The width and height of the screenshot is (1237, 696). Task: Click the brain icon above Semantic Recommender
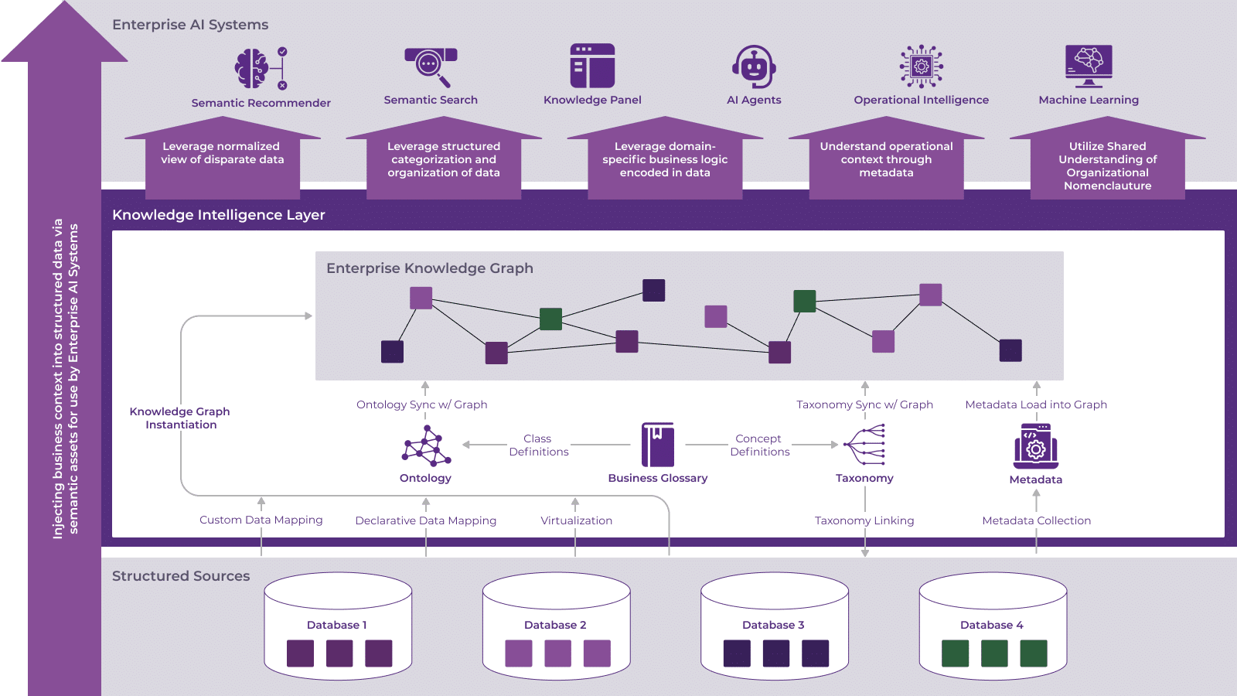click(x=252, y=68)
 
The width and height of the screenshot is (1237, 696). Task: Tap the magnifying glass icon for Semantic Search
click(x=430, y=65)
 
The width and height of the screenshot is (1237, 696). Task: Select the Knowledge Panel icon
click(x=592, y=66)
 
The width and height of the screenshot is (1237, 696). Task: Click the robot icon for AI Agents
click(x=754, y=67)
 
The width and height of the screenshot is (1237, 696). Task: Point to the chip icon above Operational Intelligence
click(x=921, y=66)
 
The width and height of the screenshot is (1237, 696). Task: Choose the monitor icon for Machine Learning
click(x=1089, y=65)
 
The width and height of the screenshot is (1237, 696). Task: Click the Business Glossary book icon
click(x=658, y=445)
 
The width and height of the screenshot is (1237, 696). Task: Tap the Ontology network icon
click(x=426, y=447)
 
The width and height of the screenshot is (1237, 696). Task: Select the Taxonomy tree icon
click(x=864, y=445)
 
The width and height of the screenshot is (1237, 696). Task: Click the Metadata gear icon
click(x=1035, y=446)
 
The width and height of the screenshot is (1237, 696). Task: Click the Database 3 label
click(x=773, y=625)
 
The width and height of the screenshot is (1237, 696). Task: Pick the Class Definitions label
click(x=538, y=445)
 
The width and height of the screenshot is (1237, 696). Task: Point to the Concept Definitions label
click(x=759, y=445)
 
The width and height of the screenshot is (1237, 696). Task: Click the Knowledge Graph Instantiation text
click(x=180, y=418)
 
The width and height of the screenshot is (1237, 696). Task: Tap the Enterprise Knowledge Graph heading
click(x=429, y=268)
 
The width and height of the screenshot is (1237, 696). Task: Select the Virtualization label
click(x=576, y=520)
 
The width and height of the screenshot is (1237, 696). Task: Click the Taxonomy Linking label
click(x=864, y=520)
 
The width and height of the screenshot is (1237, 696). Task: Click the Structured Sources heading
click(x=181, y=576)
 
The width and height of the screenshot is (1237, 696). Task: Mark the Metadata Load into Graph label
click(x=1035, y=404)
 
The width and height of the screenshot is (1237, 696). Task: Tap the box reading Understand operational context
click(x=886, y=160)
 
